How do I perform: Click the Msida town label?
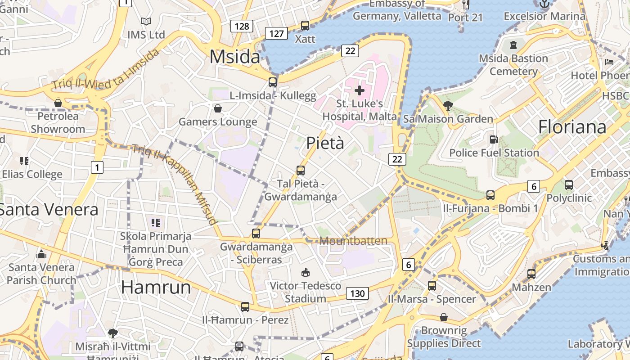[234, 57]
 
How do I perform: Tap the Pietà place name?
[325, 143]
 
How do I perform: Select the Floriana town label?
[572, 127]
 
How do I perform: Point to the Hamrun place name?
[156, 287]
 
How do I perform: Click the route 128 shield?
[242, 26]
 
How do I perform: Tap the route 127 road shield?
[276, 33]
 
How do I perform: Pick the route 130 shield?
[357, 294]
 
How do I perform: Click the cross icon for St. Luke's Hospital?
[360, 90]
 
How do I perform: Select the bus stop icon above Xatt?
[305, 26]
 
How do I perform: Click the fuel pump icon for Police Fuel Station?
[494, 140]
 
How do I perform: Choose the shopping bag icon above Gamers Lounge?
[218, 108]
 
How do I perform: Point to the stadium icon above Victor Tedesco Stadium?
[306, 273]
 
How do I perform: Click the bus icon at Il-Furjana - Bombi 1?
[490, 195]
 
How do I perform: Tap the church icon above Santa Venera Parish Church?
[41, 254]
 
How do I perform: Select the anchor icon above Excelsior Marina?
[544, 4]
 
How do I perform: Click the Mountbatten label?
[353, 241]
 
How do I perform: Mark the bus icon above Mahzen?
[531, 274]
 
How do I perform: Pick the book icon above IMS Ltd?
[146, 21]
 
